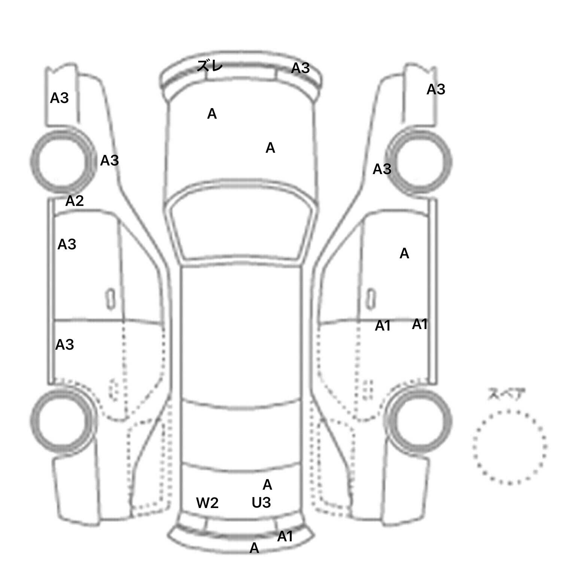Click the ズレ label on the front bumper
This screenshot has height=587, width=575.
click(210, 66)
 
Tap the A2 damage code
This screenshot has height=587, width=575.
click(74, 201)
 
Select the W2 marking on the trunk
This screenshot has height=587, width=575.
click(207, 503)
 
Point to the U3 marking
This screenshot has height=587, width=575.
click(261, 502)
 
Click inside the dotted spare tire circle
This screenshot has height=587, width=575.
click(509, 447)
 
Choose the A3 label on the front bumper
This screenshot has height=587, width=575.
click(301, 68)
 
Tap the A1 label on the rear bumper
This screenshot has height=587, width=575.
click(285, 537)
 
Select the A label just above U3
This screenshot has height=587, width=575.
click(267, 485)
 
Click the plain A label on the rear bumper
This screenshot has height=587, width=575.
click(254, 548)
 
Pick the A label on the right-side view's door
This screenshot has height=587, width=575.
click(404, 254)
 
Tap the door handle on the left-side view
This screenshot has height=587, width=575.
click(110, 299)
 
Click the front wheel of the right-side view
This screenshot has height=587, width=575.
click(419, 162)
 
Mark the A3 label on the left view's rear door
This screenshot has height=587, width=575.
click(65, 344)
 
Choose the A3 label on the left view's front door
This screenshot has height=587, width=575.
click(67, 244)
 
